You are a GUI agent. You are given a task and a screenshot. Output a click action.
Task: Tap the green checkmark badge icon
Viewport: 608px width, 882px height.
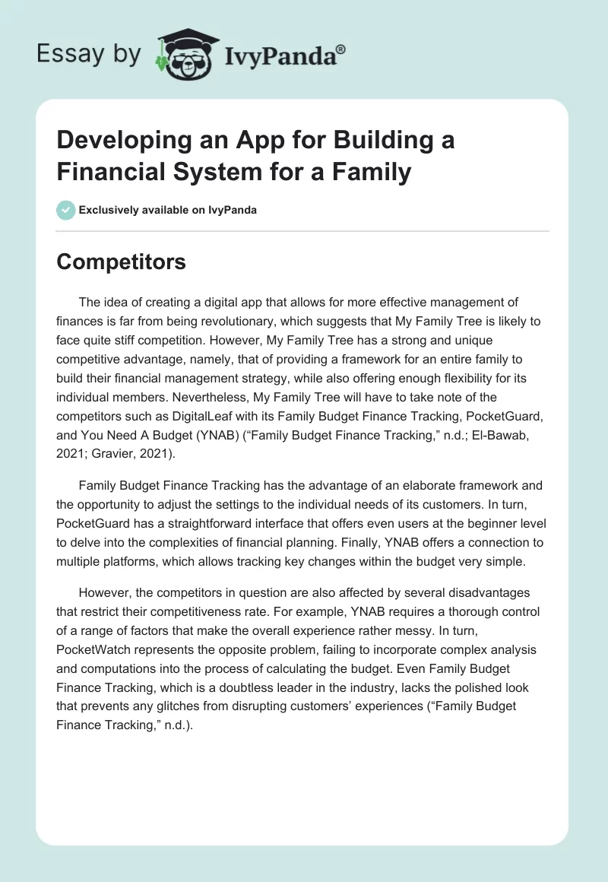pos(66,210)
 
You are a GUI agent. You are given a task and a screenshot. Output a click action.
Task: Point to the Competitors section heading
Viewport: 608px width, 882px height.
pos(121,262)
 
